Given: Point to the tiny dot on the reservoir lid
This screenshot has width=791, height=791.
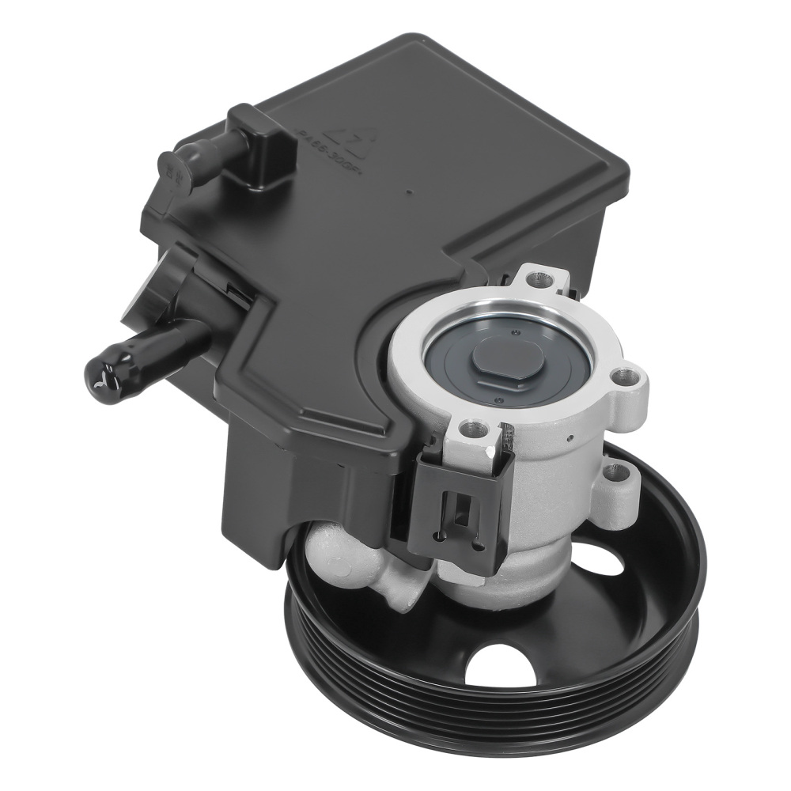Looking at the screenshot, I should (x=407, y=191).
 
